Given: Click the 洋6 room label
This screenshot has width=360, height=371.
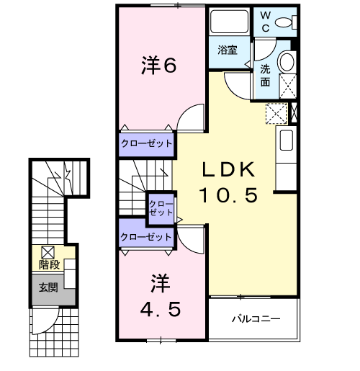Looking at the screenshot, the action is pos(159,65).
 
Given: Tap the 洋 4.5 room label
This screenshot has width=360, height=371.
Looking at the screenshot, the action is pos(161,296).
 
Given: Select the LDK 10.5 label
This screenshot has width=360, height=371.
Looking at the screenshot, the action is pos(228,182).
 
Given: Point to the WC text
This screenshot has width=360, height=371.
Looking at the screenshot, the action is pos(266,22).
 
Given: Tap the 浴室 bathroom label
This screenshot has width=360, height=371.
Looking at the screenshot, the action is pos(228,50).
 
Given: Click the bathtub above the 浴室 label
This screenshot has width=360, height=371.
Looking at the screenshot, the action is pos(229,22).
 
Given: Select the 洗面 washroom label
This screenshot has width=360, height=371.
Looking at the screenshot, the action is pos(266,76).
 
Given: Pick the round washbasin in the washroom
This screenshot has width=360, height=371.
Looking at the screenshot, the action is pos(286,62).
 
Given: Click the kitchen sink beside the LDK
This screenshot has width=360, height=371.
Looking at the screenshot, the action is pos(287,140).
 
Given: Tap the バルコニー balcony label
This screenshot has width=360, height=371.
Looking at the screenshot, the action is pos(256,319).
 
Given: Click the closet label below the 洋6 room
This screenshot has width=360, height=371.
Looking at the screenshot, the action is pos(147,143).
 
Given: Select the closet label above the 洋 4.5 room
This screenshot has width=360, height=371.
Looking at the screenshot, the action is pos(146,237).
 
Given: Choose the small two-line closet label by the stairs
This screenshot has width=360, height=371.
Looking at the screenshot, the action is pos(161,208).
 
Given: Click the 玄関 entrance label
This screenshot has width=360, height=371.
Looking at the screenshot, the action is pos(48,287).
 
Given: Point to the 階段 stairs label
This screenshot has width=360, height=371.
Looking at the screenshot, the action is pos(50,264).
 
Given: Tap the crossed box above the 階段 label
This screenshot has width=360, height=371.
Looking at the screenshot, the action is pos(48,252).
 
